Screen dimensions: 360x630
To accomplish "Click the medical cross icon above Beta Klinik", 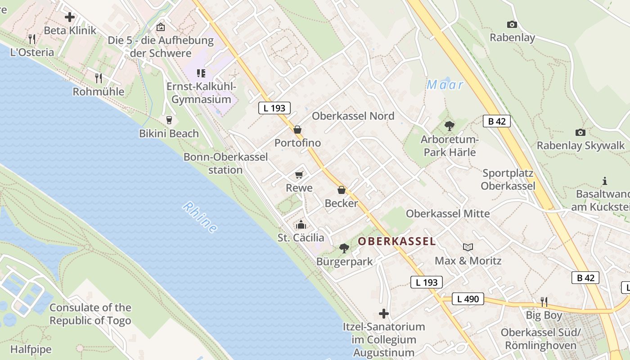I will tap(70, 18).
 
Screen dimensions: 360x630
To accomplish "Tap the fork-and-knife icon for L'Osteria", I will tap(31, 39).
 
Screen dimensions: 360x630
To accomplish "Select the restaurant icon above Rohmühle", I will tap(99, 78).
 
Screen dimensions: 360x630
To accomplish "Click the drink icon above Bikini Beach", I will tap(169, 120).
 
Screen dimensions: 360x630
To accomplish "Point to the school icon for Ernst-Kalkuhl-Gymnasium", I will tap(201, 73).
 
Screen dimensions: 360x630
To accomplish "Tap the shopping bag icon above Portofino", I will tap(297, 130).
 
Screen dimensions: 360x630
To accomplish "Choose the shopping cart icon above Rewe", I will tap(299, 175).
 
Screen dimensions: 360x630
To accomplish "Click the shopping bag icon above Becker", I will tap(342, 190).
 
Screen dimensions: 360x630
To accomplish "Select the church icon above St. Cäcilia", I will tap(301, 224).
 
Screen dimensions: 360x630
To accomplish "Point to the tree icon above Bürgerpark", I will tap(344, 248).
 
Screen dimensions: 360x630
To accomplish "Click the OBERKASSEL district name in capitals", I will tap(397, 242).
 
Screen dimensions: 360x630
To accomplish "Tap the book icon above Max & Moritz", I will tap(468, 247).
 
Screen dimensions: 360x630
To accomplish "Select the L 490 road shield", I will tap(468, 299).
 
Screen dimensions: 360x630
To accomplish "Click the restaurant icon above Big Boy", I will tap(544, 301).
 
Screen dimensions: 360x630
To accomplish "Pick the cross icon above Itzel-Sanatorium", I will tap(384, 313).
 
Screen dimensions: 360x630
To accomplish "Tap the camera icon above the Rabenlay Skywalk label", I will tap(580, 132).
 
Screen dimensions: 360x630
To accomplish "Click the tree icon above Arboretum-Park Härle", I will tap(449, 126).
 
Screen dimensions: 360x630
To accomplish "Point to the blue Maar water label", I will tap(445, 85).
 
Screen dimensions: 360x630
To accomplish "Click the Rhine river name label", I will tap(200, 217).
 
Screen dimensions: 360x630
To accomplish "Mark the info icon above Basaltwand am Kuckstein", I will tap(605, 181).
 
